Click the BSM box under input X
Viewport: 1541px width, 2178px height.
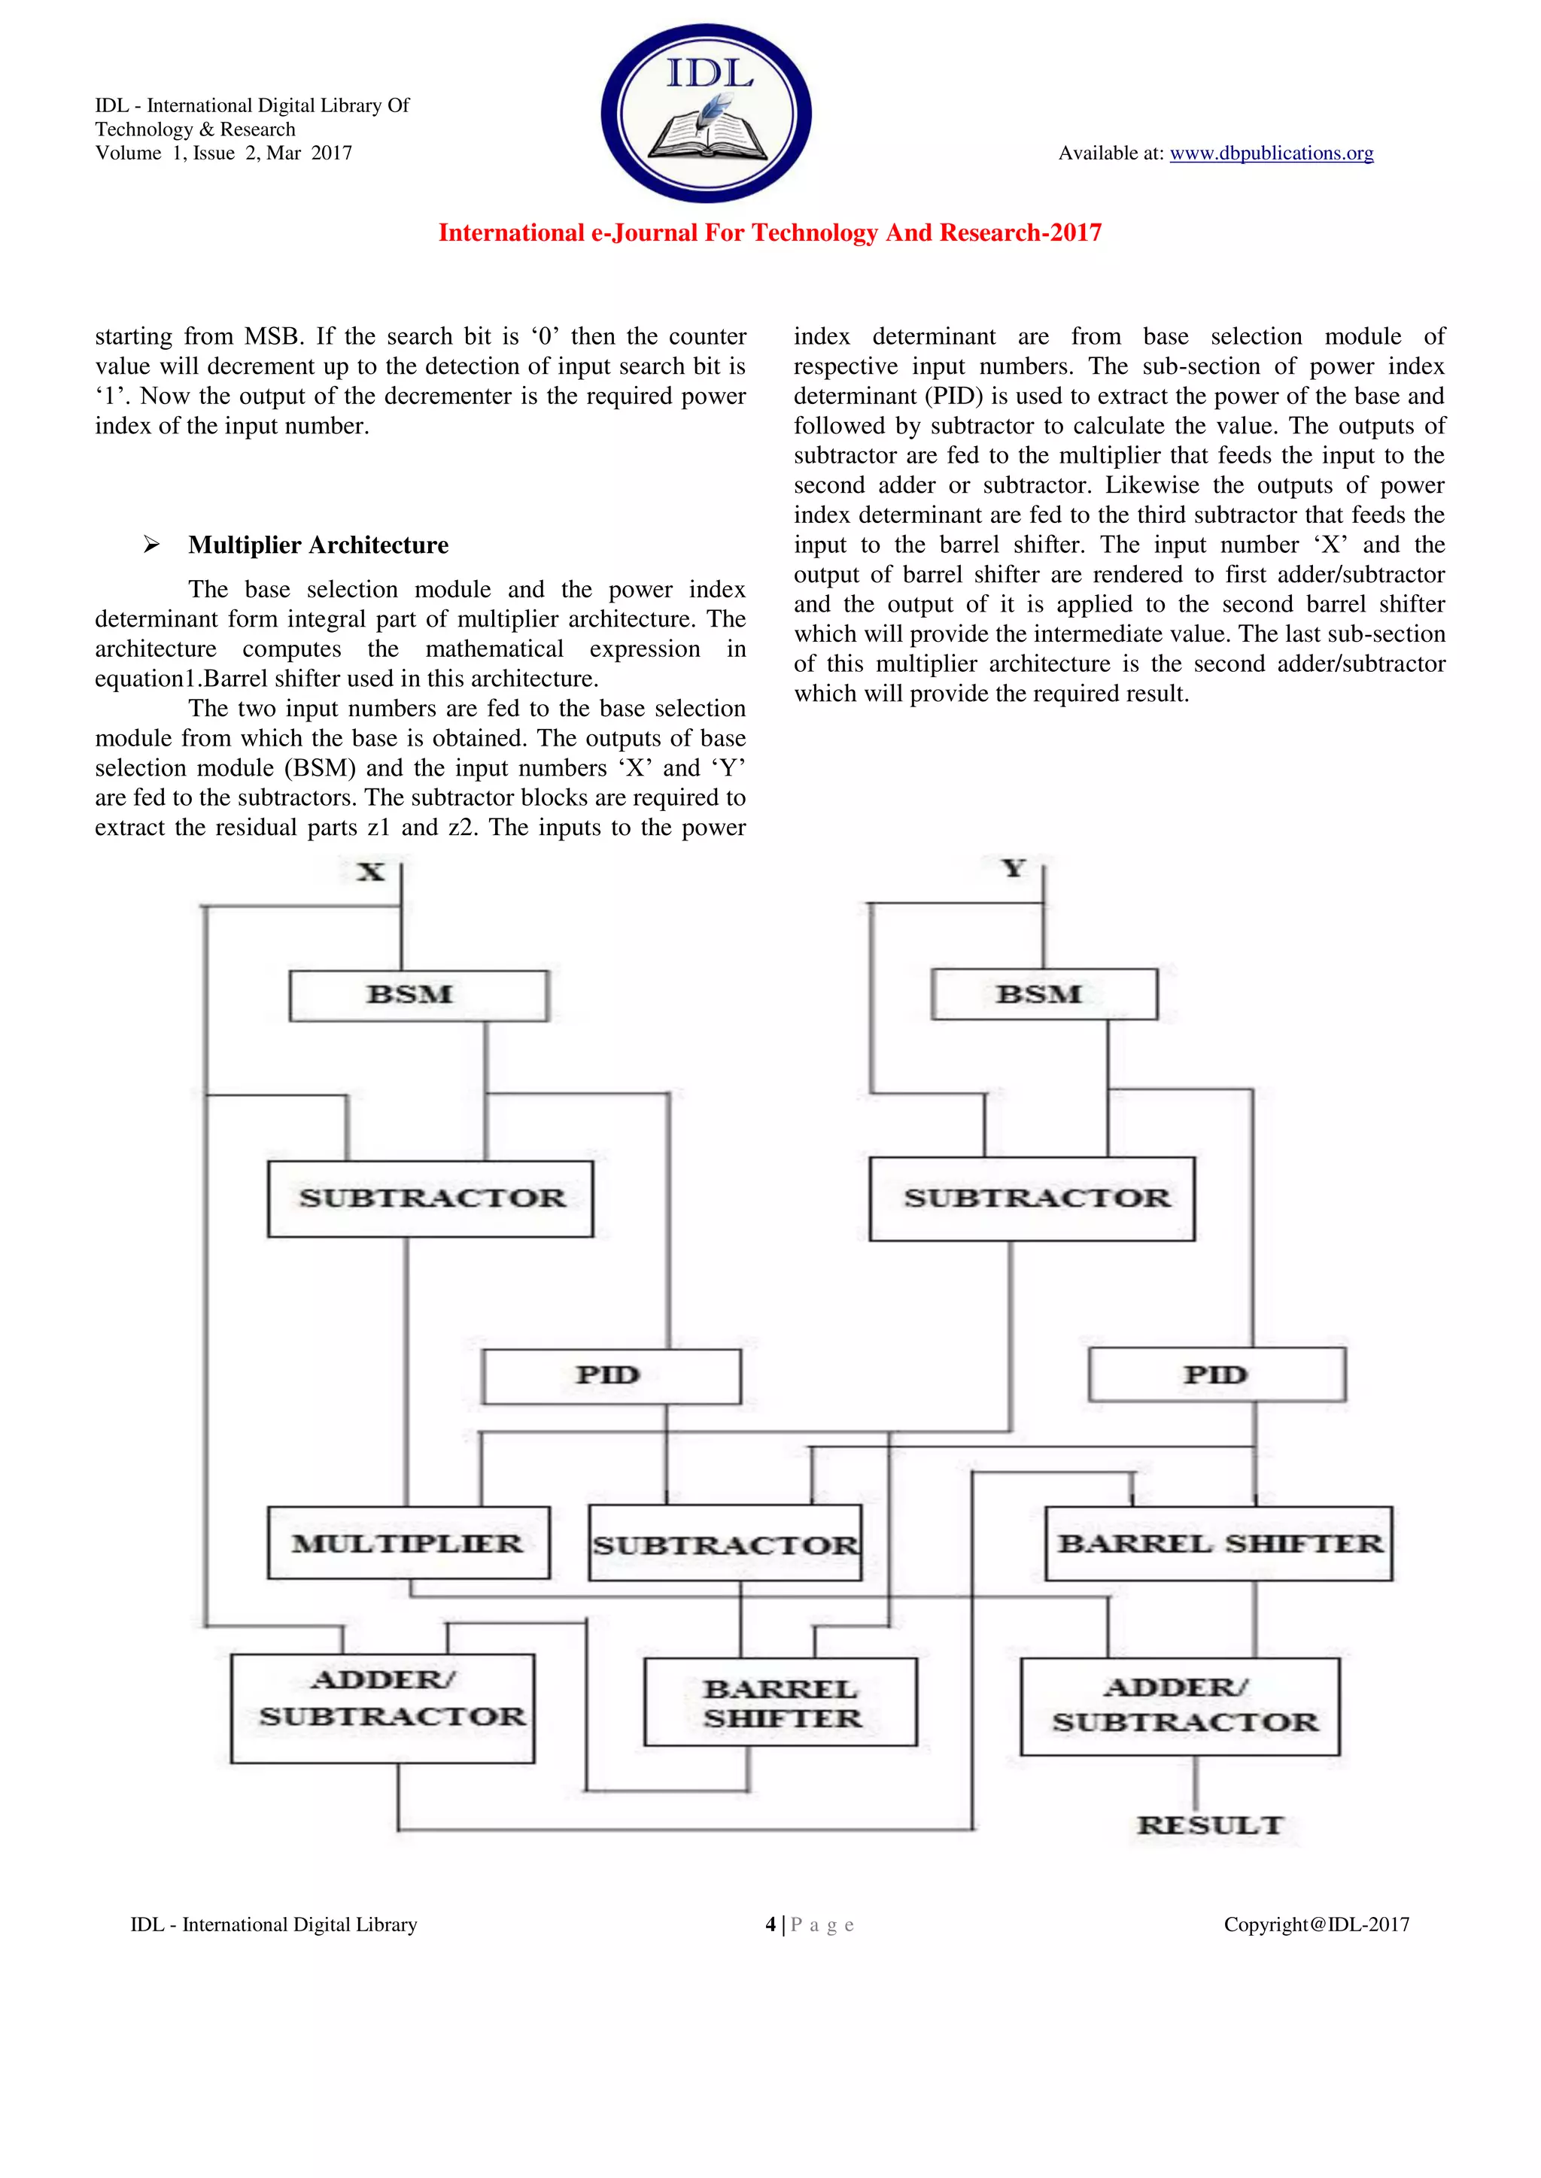point(418,995)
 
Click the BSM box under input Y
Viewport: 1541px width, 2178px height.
point(1044,994)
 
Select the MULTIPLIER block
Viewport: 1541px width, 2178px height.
point(408,1543)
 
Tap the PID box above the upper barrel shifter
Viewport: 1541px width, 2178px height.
point(1217,1375)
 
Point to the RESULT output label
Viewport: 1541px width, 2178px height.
point(1210,1825)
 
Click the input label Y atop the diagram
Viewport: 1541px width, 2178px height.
point(1014,868)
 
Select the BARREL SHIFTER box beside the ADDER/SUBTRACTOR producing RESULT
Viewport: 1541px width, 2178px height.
point(780,1703)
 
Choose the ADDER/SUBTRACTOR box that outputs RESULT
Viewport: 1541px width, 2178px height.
point(1180,1706)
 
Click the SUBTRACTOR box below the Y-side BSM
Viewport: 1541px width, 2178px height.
point(1032,1198)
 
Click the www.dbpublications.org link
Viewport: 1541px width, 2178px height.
point(1271,153)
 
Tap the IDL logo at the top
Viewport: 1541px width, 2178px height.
point(706,113)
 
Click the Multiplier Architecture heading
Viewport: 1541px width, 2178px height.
point(318,545)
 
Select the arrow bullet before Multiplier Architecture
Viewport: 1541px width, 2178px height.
point(151,545)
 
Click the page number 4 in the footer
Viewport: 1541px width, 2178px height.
point(770,1924)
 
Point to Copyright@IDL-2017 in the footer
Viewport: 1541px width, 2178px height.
point(1316,1924)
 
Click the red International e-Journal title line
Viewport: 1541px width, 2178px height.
point(770,233)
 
